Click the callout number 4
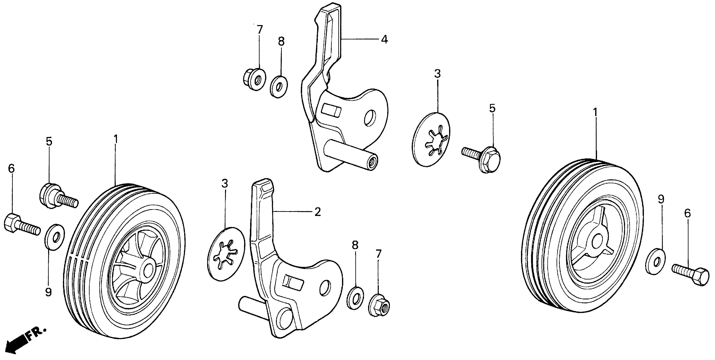(x=384, y=40)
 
